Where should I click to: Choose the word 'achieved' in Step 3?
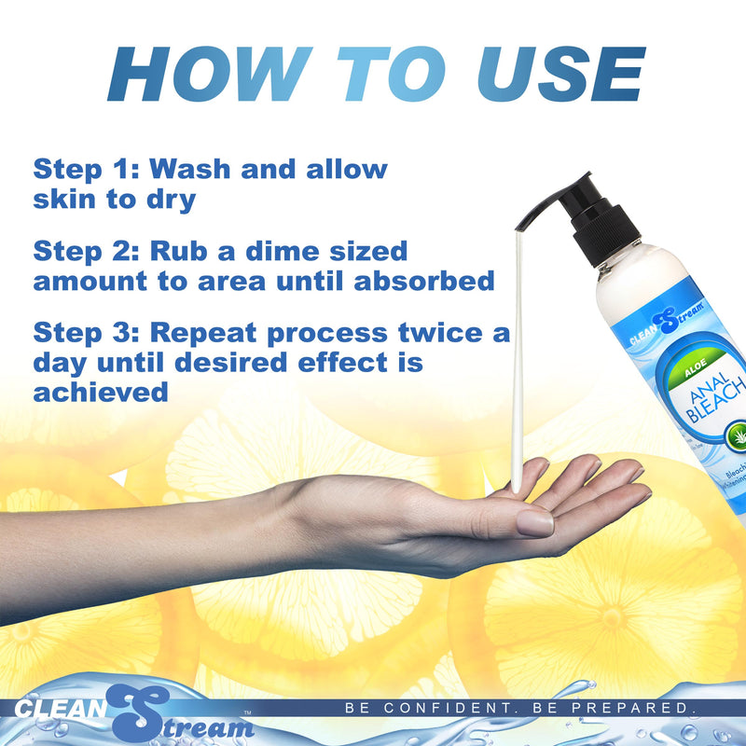101,393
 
